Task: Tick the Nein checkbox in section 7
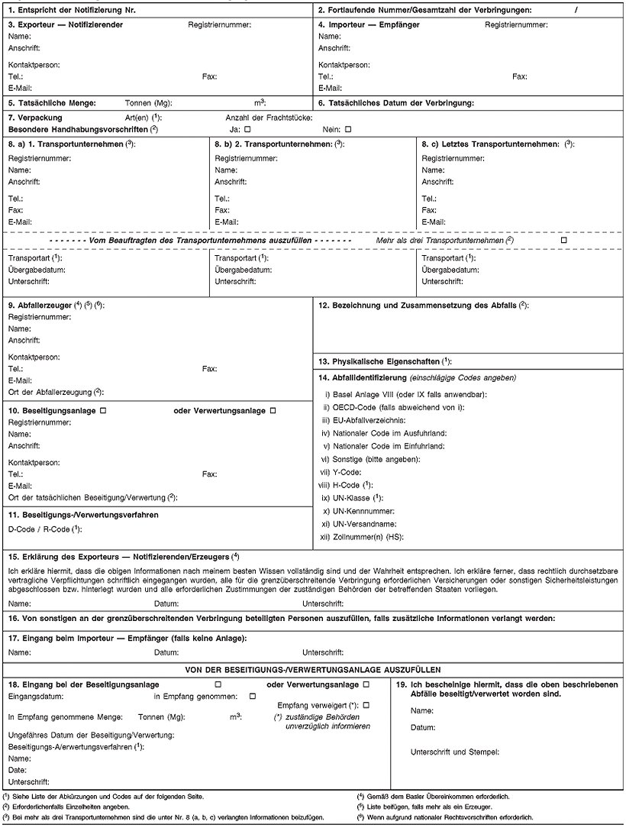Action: click(x=348, y=129)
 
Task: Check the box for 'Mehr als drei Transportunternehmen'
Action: click(x=563, y=241)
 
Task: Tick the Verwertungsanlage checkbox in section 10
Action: click(x=273, y=411)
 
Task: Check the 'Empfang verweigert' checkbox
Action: click(x=366, y=705)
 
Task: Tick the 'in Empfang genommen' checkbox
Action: click(x=253, y=696)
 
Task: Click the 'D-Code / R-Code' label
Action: click(x=44, y=529)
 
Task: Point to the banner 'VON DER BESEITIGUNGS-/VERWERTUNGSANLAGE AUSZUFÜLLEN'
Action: click(x=312, y=668)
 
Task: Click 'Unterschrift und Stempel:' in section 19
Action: click(x=455, y=752)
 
